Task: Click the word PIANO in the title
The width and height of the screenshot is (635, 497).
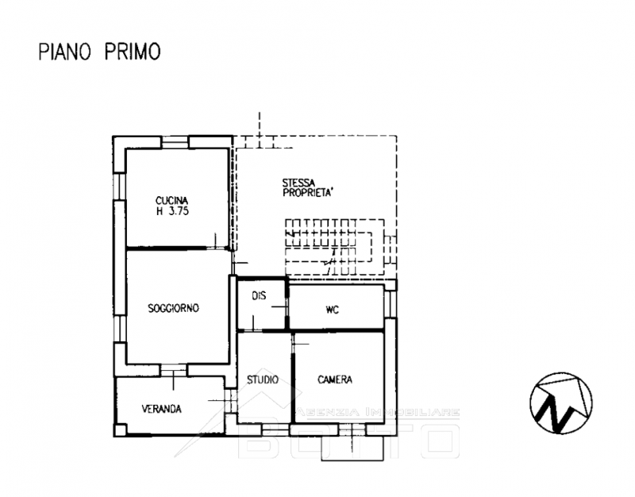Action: tap(64, 52)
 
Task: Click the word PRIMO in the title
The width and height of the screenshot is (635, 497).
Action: tap(133, 52)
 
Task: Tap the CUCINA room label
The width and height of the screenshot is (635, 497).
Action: tap(171, 201)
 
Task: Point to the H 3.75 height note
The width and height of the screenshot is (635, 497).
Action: tap(172, 211)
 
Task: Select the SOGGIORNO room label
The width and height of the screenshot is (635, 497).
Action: tap(173, 308)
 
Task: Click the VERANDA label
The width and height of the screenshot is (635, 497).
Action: tap(161, 409)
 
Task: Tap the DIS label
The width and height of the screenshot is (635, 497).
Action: tap(259, 296)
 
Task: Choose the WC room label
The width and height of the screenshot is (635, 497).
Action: tap(332, 310)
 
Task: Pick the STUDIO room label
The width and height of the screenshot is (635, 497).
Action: tap(263, 380)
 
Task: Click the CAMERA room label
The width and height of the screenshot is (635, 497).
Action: tap(335, 380)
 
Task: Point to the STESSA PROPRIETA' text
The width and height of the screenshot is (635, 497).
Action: tap(307, 188)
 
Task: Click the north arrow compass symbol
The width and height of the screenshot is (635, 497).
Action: tap(561, 403)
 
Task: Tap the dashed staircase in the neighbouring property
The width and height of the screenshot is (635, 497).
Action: tap(335, 247)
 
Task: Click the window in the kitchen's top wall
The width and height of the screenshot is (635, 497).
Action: tap(175, 142)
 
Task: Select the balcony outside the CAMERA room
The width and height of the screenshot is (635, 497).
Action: tap(352, 448)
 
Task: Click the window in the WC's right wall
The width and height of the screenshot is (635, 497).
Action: tap(391, 305)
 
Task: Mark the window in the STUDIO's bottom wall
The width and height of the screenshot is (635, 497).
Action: tap(275, 430)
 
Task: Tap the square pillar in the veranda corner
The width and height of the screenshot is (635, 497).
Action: tap(121, 430)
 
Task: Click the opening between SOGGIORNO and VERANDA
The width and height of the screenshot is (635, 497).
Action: tap(173, 370)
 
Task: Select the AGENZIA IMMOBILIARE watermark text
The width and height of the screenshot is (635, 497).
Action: tap(379, 412)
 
